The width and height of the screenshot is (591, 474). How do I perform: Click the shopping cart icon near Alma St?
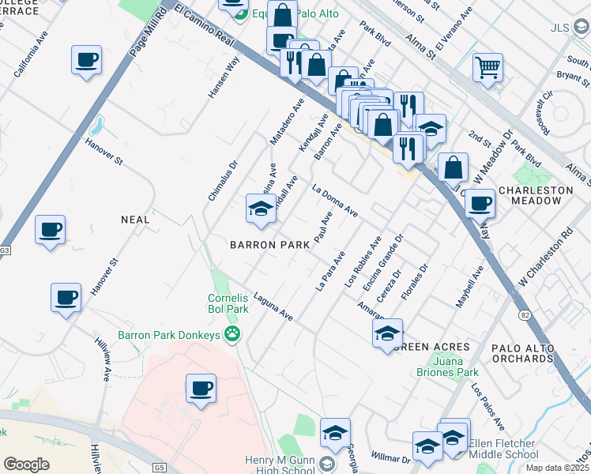pyautogui.click(x=487, y=66)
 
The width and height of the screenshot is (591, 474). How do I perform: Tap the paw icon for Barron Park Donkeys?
pyautogui.click(x=232, y=335)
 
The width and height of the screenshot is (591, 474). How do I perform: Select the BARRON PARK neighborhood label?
pyautogui.click(x=269, y=245)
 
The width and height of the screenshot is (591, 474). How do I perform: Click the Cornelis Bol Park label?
pyautogui.click(x=228, y=303)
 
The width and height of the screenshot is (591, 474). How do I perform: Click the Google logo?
pyautogui.click(x=26, y=465)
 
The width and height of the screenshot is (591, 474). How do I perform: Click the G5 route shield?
pyautogui.click(x=161, y=468)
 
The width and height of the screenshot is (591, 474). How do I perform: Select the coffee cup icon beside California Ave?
pyautogui.click(x=85, y=59)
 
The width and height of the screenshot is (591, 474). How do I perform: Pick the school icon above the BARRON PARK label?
pyautogui.click(x=261, y=209)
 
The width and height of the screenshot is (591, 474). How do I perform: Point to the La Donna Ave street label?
pyautogui.click(x=335, y=201)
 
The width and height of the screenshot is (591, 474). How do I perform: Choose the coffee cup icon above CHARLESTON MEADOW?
pyautogui.click(x=479, y=204)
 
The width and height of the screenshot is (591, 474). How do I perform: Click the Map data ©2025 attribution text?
pyautogui.click(x=556, y=468)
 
